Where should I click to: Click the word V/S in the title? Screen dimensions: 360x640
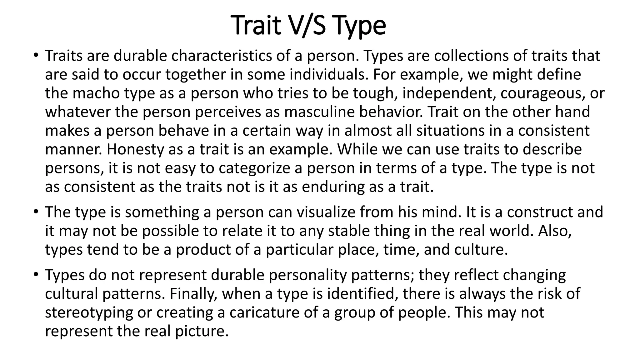[x=308, y=26]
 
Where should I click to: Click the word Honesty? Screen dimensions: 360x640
[x=135, y=150]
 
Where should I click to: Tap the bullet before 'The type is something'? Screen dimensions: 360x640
[x=36, y=212]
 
